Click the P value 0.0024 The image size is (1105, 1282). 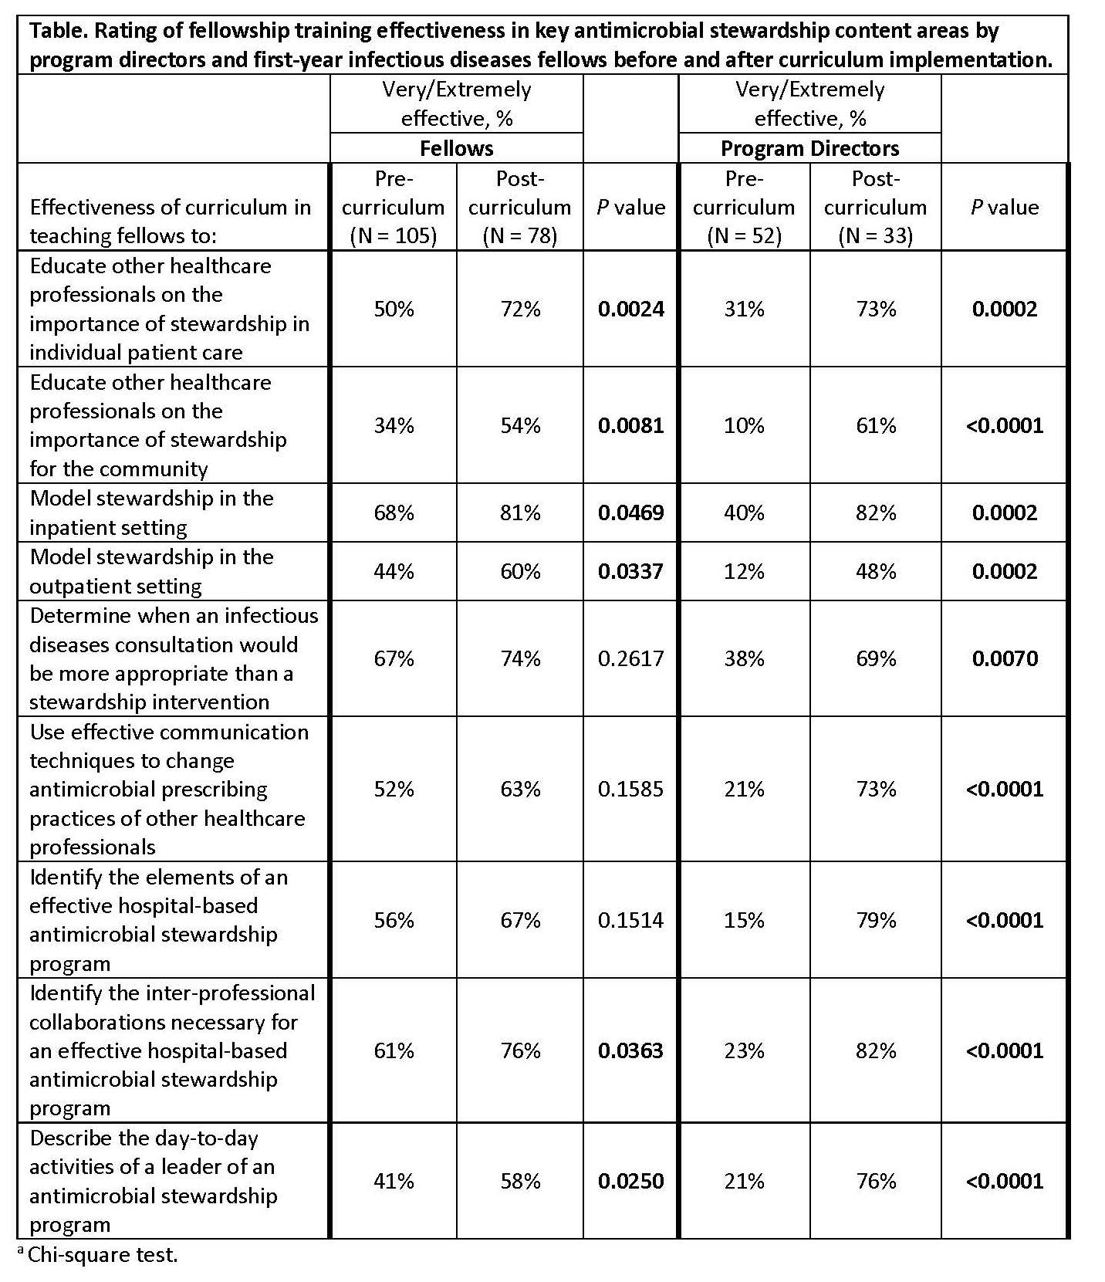click(x=630, y=310)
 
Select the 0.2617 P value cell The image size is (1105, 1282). click(x=630, y=658)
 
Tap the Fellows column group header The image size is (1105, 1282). click(x=456, y=148)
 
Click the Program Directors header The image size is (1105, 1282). click(x=809, y=148)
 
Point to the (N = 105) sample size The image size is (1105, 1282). click(x=394, y=235)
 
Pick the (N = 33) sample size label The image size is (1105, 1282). click(x=875, y=235)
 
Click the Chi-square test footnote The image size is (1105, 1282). click(x=102, y=1254)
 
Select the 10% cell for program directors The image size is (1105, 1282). click(x=744, y=426)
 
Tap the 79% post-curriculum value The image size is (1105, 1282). click(x=876, y=920)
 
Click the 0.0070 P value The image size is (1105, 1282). click(x=1005, y=658)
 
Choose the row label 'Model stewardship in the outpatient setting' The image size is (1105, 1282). click(x=151, y=571)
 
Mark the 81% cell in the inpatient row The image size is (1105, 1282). click(x=520, y=513)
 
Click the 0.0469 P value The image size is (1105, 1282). click(x=630, y=513)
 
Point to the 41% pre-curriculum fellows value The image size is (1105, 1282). click(x=394, y=1181)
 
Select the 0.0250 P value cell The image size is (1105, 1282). click(x=630, y=1181)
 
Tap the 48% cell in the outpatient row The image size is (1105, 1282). click(x=876, y=571)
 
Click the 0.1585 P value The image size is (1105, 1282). click(x=630, y=789)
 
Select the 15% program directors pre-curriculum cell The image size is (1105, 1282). click(x=744, y=920)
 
